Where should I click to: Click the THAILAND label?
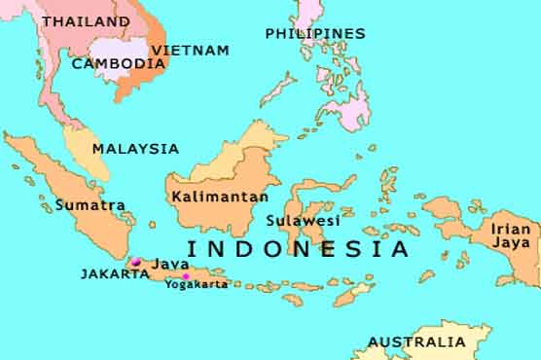(86, 20)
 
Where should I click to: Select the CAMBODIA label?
(119, 63)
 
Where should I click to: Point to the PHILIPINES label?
(315, 33)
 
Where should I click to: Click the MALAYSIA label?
(135, 149)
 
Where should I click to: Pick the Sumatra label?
(90, 205)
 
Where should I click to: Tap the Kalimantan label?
(219, 197)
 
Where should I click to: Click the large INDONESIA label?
(298, 248)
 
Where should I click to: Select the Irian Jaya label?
(511, 234)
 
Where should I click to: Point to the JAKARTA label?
(115, 274)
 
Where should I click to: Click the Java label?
(170, 264)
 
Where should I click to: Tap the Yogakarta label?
(196, 284)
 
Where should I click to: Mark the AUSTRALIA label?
(416, 342)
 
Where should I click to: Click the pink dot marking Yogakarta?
(186, 276)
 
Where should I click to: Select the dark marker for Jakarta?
(136, 262)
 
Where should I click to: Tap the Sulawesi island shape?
(309, 199)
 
